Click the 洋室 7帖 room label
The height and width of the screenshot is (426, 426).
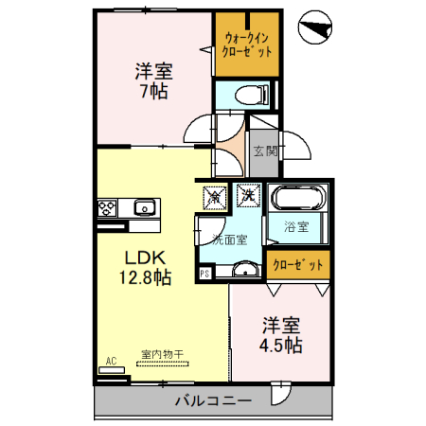(x=151, y=80)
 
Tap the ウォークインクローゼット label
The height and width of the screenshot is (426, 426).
(x=246, y=44)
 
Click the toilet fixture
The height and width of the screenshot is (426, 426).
(x=249, y=94)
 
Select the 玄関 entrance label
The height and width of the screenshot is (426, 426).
(x=264, y=149)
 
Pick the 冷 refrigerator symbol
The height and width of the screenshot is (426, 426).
(x=216, y=197)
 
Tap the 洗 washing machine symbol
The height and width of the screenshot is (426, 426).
(x=247, y=196)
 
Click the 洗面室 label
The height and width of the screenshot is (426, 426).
(x=229, y=239)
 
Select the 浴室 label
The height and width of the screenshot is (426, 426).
(x=296, y=227)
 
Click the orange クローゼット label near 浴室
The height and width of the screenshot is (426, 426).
(x=297, y=264)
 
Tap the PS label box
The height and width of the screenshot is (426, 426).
(x=204, y=275)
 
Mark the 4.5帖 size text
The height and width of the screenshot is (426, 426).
(x=281, y=345)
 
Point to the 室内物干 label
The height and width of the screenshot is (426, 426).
(x=162, y=354)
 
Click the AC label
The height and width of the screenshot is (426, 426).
(x=111, y=361)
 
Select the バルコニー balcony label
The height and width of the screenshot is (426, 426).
(x=213, y=400)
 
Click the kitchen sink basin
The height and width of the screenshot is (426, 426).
(x=146, y=207)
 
